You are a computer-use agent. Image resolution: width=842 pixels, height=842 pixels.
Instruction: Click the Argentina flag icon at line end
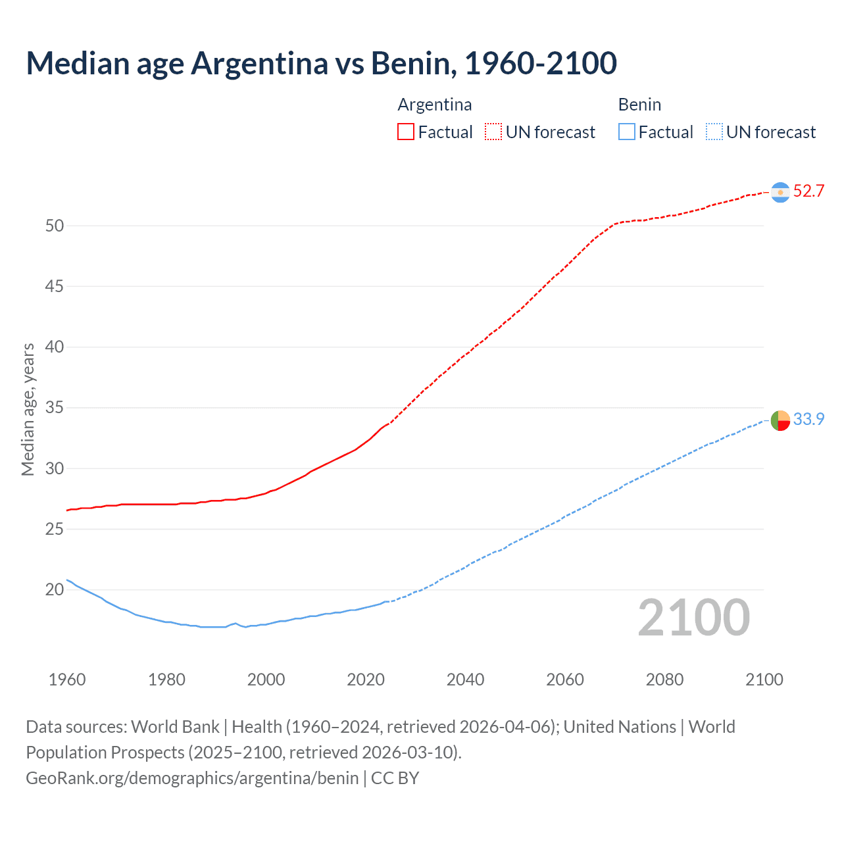[780, 192]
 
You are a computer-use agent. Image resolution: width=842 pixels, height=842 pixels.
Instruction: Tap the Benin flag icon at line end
[780, 420]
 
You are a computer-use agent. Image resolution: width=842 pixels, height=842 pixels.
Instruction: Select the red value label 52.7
[808, 191]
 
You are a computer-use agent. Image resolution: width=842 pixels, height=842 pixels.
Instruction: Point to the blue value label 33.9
[808, 419]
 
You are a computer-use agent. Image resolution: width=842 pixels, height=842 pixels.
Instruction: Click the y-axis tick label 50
[55, 226]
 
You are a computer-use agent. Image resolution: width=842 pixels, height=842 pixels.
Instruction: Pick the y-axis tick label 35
[55, 408]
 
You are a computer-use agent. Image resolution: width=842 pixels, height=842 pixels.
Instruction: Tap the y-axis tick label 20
[55, 589]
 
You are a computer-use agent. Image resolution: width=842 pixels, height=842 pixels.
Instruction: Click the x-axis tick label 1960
[67, 680]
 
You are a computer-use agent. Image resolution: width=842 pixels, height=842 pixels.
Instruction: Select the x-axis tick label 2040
[465, 680]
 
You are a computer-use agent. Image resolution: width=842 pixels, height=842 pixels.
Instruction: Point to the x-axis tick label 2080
[664, 680]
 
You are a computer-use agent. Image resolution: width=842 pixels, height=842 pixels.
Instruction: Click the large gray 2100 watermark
[693, 618]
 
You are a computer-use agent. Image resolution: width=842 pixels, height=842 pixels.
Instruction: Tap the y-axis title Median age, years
[28, 409]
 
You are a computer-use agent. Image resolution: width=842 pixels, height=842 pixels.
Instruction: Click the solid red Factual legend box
[406, 132]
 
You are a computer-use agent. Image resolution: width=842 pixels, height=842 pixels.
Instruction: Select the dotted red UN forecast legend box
[493, 132]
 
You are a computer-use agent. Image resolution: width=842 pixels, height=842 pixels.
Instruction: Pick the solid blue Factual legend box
[626, 132]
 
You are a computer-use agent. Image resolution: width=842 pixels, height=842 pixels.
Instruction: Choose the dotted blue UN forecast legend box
[714, 132]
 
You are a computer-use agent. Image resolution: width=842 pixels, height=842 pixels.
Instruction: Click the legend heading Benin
[639, 105]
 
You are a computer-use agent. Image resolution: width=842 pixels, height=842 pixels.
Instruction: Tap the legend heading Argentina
[435, 105]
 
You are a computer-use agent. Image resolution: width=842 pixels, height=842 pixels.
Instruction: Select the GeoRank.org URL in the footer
[192, 778]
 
